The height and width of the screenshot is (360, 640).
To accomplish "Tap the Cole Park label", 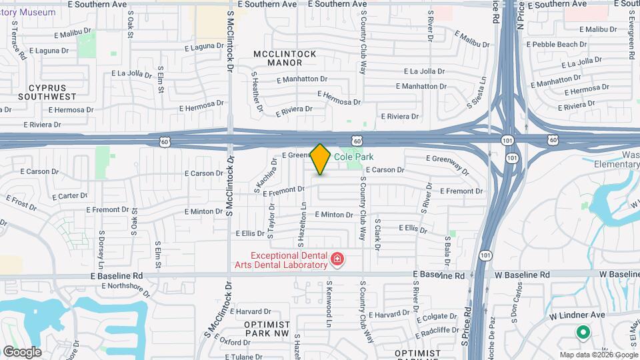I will coord(353,157).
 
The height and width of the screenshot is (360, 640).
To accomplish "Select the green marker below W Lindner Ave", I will coord(582,331).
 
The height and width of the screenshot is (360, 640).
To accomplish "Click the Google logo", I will coord(22,352).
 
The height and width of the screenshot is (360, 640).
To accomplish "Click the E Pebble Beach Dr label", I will coord(556,44).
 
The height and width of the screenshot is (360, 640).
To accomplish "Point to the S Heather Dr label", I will coord(257,92).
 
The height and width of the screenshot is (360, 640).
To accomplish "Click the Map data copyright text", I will coord(597,354).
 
